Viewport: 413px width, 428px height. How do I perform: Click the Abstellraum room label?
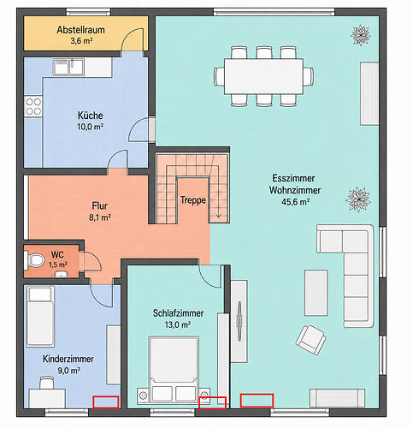80,30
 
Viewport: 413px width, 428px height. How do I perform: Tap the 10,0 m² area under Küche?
90,127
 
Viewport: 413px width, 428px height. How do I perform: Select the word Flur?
99,205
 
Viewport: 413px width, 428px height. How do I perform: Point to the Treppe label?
193,200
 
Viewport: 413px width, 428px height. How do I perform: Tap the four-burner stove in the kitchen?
33,106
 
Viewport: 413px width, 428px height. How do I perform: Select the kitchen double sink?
68,67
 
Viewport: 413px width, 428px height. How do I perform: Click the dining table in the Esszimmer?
263,76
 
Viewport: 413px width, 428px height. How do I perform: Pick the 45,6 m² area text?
295,202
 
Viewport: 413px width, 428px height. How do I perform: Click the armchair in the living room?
310,340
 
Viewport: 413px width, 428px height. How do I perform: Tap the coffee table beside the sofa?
316,293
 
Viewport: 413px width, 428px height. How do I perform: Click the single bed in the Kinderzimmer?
40,316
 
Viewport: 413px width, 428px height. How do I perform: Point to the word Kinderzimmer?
68,359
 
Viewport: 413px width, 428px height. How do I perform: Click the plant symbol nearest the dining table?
361,35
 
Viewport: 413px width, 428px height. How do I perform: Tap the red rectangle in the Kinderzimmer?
106,402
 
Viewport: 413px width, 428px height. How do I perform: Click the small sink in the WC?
61,274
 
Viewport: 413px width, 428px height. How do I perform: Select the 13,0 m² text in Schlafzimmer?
178,324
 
